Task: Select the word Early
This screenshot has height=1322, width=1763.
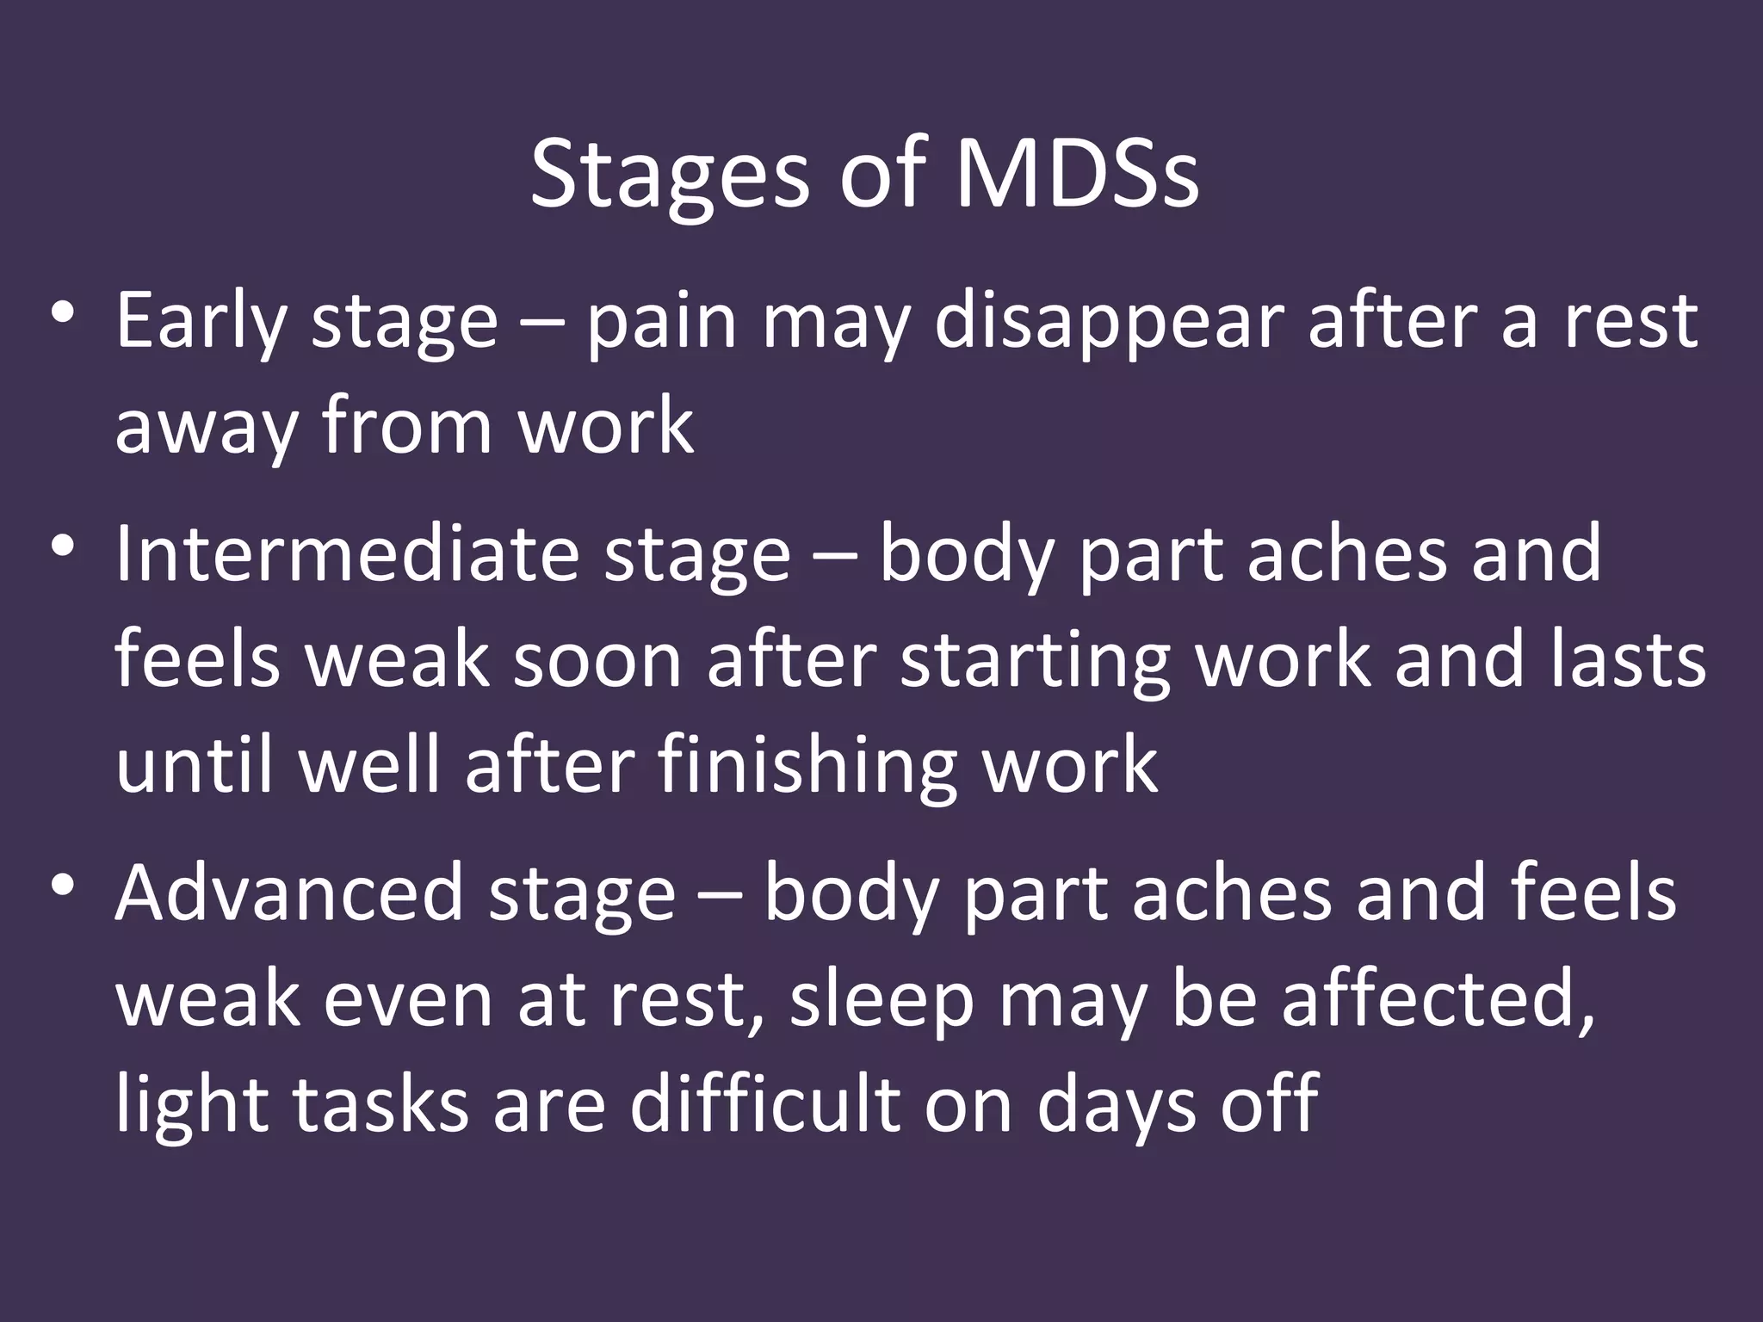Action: click(201, 323)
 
